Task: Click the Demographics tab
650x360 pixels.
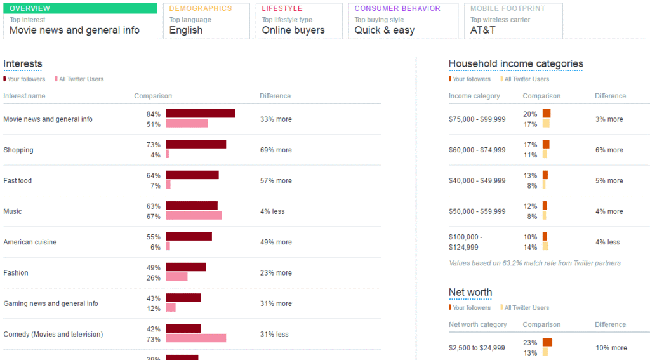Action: tap(206, 20)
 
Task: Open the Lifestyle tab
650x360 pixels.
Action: tap(299, 20)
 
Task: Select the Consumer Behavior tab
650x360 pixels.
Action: tap(402, 20)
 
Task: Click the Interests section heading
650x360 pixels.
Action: tap(23, 63)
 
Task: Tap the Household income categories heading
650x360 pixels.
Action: tap(515, 63)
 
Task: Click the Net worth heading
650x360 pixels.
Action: tap(470, 292)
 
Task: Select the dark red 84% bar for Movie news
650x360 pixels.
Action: tap(201, 114)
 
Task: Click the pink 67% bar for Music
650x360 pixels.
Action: tap(194, 216)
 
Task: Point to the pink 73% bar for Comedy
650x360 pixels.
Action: tap(196, 338)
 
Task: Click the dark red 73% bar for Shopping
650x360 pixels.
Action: tap(196, 144)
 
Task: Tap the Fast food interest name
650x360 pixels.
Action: tap(17, 181)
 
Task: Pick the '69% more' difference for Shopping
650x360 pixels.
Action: tap(275, 150)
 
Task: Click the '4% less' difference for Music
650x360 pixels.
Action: tap(272, 211)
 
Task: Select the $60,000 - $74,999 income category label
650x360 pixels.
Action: tap(477, 150)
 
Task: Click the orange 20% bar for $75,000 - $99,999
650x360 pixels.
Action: tap(546, 114)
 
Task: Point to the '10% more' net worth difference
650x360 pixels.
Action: tap(611, 348)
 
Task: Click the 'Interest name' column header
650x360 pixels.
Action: tap(24, 96)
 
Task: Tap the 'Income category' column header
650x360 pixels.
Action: tap(474, 96)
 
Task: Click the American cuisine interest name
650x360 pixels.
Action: tap(30, 242)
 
